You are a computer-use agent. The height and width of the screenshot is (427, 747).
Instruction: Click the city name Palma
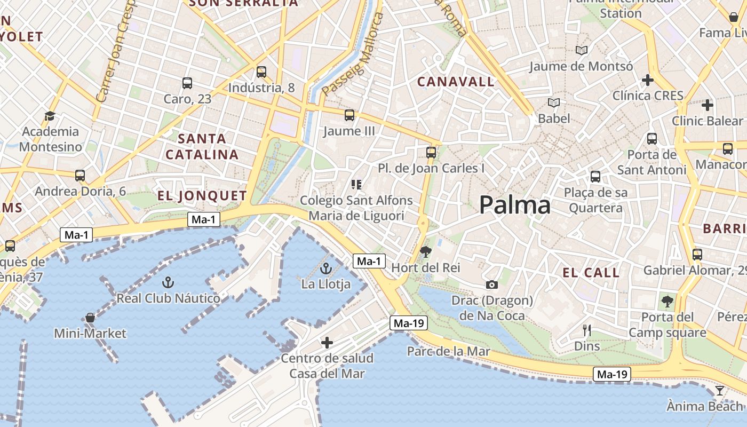[x=514, y=205]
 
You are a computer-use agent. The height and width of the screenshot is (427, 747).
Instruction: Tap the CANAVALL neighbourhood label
[x=456, y=82]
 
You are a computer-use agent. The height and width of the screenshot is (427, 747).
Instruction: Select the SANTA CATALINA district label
[x=202, y=147]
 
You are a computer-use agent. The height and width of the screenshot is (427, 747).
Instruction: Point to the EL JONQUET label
[x=202, y=195]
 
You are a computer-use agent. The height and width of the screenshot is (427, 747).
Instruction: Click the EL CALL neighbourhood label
[x=591, y=273]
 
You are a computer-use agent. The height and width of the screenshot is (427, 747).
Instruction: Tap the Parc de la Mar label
[x=448, y=351]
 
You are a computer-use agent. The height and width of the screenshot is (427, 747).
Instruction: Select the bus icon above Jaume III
[x=349, y=115]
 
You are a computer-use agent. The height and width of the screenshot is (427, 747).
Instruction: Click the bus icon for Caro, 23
[x=187, y=83]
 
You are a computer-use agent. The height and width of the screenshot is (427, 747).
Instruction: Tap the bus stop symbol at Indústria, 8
[x=261, y=72]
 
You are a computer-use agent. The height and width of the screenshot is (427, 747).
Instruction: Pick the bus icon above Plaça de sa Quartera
[x=595, y=177]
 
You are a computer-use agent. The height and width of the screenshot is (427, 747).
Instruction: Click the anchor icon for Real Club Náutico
[x=168, y=282]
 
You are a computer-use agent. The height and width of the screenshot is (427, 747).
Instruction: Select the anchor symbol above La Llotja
[x=325, y=268]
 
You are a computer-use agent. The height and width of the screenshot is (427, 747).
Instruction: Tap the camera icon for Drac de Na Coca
[x=492, y=285]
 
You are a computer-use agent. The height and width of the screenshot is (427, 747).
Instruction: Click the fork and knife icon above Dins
[x=587, y=330]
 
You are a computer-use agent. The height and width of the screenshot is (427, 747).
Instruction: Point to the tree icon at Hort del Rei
[x=425, y=251]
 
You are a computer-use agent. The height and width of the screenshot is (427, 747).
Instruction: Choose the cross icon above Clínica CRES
[x=648, y=80]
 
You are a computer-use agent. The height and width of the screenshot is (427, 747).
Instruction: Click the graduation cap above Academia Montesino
[x=50, y=116]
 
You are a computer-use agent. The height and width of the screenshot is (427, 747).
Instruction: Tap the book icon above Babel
[x=554, y=102]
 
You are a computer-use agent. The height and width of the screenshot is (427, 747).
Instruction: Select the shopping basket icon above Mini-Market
[x=90, y=318]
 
